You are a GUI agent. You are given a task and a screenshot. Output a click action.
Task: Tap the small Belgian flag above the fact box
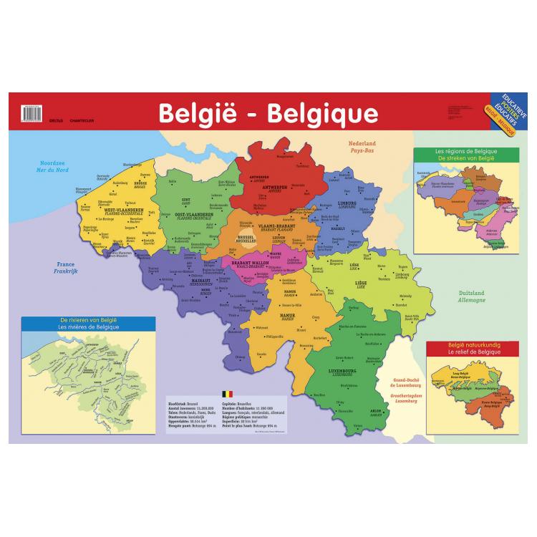click(x=228, y=393)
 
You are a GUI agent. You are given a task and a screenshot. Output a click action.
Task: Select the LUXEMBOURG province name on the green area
click(x=341, y=371)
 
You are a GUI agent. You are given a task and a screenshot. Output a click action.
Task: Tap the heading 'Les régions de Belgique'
click(x=465, y=152)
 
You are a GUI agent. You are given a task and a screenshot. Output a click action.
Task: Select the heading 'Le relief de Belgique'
click(x=471, y=353)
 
